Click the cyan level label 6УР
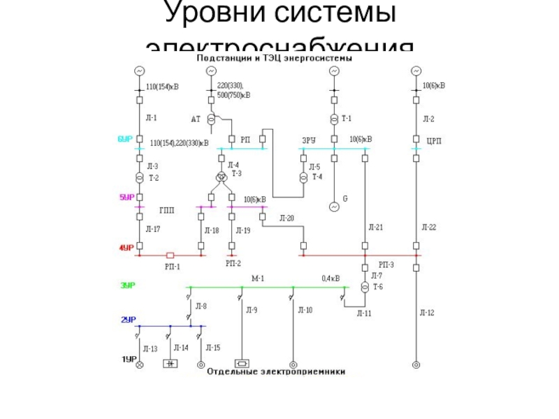[125, 140]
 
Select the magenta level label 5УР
[126, 198]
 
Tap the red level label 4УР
[126, 247]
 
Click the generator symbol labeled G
[334, 207]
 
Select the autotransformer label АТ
[196, 119]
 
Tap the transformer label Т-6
[378, 287]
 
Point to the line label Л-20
[286, 219]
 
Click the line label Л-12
[427, 313]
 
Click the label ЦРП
[434, 141]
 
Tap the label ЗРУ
[309, 140]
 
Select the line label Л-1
[151, 118]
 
